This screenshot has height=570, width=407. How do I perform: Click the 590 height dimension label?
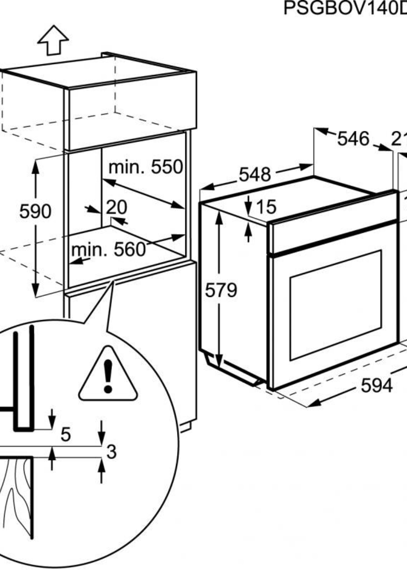[35, 211]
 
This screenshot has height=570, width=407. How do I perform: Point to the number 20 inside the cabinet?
[117, 207]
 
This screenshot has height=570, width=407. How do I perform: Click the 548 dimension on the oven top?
[255, 175]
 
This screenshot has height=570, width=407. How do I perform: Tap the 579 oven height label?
[221, 291]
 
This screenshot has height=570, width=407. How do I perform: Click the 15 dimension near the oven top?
[266, 207]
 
